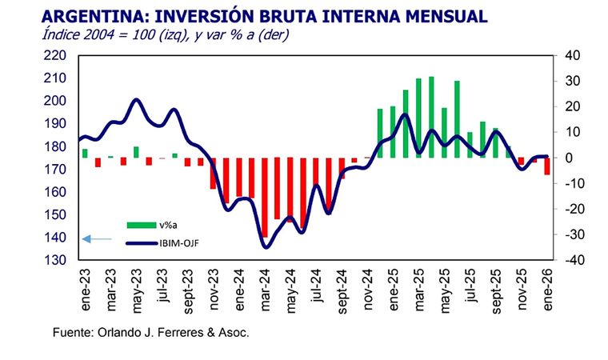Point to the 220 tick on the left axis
coord(61,55)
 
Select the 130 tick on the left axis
coord(61,261)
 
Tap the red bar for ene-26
coord(547,166)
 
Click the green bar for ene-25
coord(381,133)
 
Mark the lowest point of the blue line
coord(266,247)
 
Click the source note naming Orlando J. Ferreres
coord(151,332)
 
